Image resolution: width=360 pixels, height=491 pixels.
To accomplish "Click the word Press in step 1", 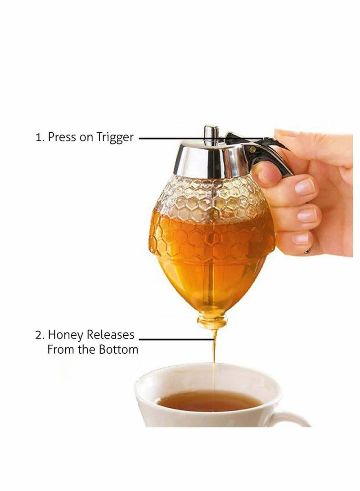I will pyautogui.click(x=62, y=137).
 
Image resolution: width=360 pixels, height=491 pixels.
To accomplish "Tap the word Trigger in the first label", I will pyautogui.click(x=115, y=138).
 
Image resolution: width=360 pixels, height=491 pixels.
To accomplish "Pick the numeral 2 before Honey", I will pyautogui.click(x=38, y=335).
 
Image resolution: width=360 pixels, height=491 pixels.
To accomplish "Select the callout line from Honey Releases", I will pyautogui.click(x=175, y=339).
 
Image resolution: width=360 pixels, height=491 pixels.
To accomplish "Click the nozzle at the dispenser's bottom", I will pyautogui.click(x=212, y=322).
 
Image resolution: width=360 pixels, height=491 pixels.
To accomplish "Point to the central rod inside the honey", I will pyautogui.click(x=210, y=279).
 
